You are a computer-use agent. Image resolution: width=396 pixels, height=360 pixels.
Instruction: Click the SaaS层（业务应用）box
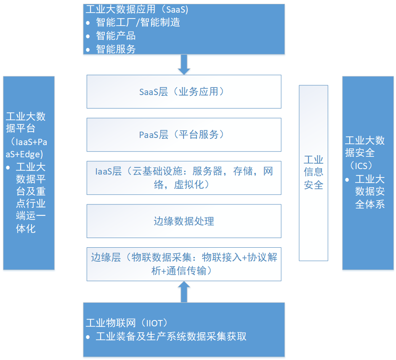(184, 92)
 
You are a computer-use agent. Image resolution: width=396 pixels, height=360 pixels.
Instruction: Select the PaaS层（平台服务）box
(184, 135)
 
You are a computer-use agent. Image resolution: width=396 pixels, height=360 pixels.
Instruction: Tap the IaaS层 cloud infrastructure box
(184, 178)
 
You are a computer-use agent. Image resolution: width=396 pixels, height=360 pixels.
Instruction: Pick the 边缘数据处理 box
(184, 221)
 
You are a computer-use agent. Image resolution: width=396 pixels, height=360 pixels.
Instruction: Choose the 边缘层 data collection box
(184, 264)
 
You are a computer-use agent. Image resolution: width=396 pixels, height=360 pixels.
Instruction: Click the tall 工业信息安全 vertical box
(314, 173)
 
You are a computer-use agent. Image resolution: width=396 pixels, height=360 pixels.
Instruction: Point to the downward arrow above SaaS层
(184, 65)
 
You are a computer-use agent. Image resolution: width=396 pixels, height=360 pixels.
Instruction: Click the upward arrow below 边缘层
(184, 292)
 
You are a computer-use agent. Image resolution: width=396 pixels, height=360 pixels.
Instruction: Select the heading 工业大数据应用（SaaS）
(137, 9)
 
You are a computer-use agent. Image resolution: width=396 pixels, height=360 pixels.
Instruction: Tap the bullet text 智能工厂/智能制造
(138, 22)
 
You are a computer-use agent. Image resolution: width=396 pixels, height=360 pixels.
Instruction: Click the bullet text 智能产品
(116, 36)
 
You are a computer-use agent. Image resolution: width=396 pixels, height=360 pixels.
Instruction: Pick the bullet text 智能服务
(116, 49)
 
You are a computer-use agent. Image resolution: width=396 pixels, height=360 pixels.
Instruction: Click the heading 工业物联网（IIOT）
(127, 323)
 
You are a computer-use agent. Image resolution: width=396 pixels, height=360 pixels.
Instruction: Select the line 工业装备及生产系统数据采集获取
(171, 336)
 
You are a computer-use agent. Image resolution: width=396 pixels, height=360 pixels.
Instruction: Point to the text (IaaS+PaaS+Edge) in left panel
(26, 148)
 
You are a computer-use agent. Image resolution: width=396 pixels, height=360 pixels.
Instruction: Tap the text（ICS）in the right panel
(361, 166)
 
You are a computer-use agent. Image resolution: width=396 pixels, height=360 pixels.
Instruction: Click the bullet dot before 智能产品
(88, 36)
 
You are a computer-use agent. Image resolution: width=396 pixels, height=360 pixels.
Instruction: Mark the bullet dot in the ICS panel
(347, 180)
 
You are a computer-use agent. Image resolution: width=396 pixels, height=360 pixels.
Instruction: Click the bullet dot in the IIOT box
(88, 337)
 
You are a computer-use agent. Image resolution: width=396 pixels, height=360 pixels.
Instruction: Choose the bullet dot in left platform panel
(8, 167)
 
